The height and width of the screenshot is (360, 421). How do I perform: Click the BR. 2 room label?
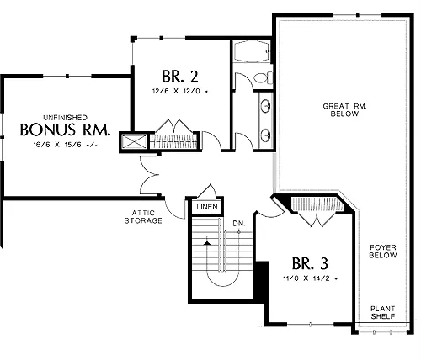[180, 77]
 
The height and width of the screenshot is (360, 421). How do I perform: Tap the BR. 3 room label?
[310, 263]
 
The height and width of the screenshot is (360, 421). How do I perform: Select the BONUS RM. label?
[65, 130]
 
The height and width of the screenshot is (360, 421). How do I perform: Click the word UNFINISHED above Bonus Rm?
[65, 118]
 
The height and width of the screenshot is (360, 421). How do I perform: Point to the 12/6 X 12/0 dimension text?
[180, 91]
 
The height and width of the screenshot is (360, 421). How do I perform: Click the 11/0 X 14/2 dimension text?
[310, 278]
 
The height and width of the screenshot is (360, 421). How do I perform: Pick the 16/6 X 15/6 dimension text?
[65, 145]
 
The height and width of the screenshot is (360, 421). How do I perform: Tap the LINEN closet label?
[207, 207]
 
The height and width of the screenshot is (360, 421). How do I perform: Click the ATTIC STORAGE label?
[143, 217]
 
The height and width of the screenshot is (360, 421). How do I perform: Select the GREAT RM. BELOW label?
[344, 109]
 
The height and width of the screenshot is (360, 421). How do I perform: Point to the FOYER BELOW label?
[383, 251]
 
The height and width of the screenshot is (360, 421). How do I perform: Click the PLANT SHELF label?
[383, 312]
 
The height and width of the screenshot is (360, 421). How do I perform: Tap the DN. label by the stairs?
[239, 224]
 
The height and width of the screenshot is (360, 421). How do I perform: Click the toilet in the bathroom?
[264, 77]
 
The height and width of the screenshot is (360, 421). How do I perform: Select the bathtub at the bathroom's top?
[251, 51]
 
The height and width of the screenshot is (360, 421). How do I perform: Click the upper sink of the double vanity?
[265, 106]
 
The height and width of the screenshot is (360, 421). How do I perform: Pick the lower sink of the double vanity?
[265, 135]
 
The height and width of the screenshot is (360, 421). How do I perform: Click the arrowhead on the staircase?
[207, 243]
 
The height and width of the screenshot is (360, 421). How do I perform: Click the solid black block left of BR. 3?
[261, 282]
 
